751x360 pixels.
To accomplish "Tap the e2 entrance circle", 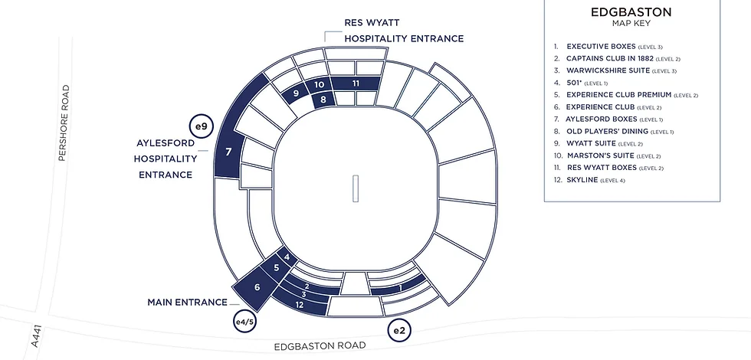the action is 399,330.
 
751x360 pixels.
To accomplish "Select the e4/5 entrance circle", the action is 244,322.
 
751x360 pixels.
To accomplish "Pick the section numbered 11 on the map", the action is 356,83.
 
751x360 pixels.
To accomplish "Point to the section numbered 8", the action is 323,100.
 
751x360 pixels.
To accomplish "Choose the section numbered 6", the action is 257,287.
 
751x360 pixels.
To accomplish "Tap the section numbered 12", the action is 300,305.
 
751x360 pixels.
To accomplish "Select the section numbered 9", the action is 297,93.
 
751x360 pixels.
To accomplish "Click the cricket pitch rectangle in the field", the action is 356,188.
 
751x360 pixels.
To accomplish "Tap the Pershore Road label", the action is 64,123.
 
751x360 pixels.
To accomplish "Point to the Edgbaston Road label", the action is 320,345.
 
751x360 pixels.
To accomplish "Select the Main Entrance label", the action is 187,303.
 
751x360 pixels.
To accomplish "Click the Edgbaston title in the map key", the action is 631,12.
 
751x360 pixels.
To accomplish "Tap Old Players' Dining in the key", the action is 614,131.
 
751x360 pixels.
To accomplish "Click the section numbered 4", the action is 287,257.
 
